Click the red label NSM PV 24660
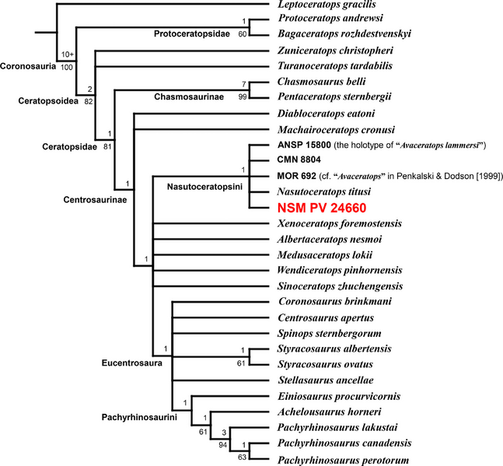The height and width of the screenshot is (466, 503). [322, 208]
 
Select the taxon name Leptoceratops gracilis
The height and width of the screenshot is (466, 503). [327, 5]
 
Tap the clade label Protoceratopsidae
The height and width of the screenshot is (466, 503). [192, 33]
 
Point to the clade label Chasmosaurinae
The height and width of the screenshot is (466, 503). [189, 96]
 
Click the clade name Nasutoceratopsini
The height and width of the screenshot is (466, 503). [204, 187]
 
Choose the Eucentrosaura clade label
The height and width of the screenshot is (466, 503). [132, 363]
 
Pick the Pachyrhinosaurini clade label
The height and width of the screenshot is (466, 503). [139, 417]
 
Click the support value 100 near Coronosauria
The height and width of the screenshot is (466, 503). [67, 68]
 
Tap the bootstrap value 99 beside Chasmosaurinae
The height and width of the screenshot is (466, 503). [243, 96]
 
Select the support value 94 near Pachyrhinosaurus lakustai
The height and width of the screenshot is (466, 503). [222, 445]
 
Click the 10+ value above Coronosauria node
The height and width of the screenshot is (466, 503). [68, 54]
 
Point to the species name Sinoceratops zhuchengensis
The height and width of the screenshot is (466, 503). [340, 286]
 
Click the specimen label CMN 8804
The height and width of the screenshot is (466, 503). [299, 159]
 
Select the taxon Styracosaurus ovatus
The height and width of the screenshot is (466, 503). [325, 364]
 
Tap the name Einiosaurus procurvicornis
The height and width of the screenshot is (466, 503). [339, 396]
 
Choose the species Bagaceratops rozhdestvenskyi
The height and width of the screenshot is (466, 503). [344, 33]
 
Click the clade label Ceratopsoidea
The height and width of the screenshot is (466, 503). [48, 101]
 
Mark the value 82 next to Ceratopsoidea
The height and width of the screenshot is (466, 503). [89, 102]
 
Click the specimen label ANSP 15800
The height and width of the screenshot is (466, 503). [304, 145]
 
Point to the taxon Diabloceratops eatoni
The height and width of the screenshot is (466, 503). [327, 114]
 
